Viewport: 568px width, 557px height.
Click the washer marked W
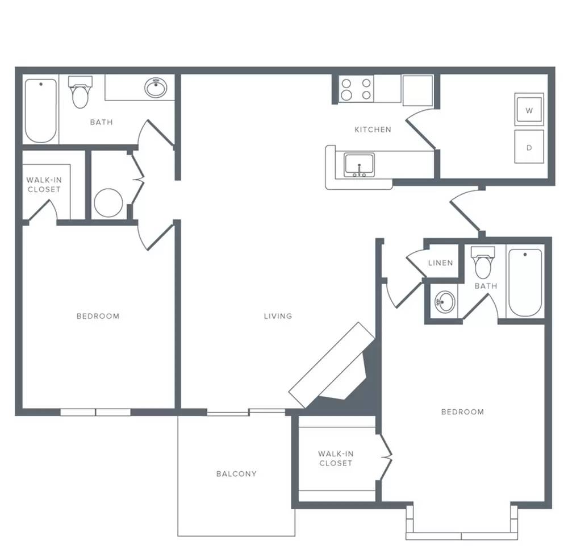tap(529, 110)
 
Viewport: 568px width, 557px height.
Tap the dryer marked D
tap(529, 147)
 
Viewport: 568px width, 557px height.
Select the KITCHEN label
tap(373, 130)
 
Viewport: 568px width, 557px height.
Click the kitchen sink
tap(359, 165)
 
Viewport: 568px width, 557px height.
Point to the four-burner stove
tap(357, 89)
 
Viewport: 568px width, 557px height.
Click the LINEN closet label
tap(441, 263)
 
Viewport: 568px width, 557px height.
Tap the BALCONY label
tap(236, 473)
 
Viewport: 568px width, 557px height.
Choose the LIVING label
tap(278, 316)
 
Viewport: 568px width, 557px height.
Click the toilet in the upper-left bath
tap(80, 92)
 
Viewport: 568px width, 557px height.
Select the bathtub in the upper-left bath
tap(41, 110)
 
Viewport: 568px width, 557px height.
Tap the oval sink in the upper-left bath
tap(156, 88)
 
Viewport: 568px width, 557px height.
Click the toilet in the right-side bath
tap(483, 262)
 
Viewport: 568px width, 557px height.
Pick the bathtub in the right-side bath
tap(525, 282)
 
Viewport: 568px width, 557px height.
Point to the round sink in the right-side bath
tap(445, 301)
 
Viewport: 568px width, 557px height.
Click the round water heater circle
tap(108, 203)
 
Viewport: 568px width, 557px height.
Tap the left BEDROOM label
tap(98, 316)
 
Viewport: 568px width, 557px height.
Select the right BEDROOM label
tap(462, 411)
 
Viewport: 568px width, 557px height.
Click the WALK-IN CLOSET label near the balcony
tap(336, 458)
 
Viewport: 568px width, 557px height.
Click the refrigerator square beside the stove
tap(417, 90)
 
